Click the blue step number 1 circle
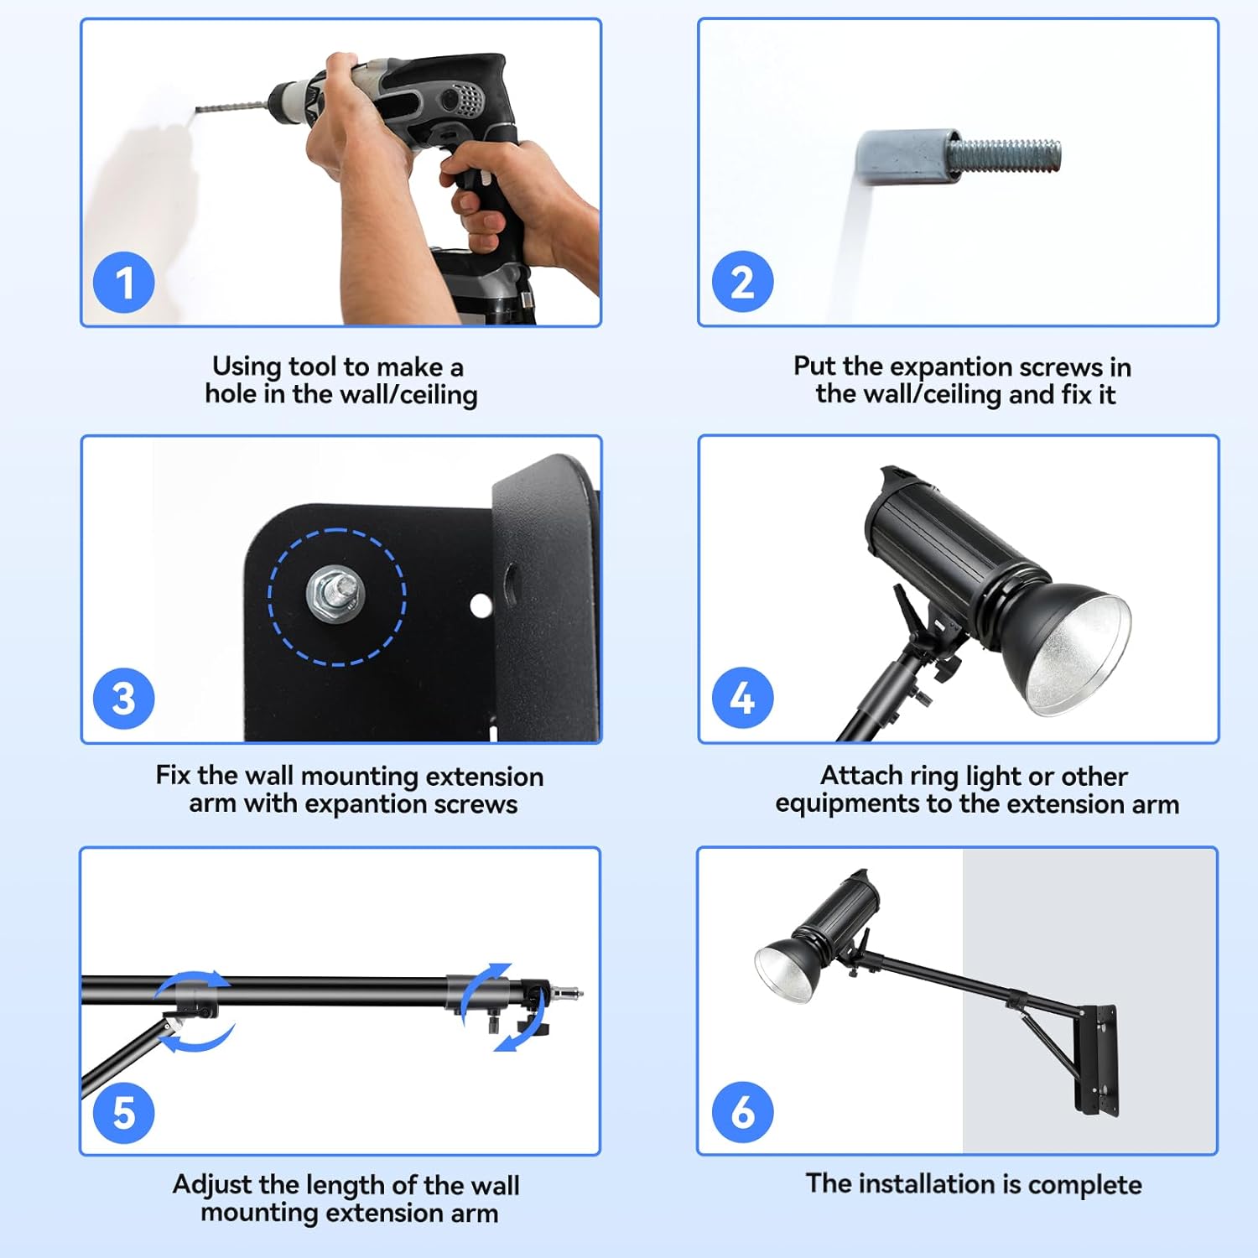coord(124,282)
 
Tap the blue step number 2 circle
coord(742,281)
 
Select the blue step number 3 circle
coord(124,699)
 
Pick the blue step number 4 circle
coord(742,698)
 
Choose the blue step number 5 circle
coord(124,1113)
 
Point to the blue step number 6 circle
coord(742,1112)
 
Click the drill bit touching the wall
coord(231,107)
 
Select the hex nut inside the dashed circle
coord(335,592)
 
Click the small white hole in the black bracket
coord(481,605)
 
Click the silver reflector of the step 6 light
coord(783,974)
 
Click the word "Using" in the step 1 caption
coord(247,366)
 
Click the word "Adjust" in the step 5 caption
coord(212,1185)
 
